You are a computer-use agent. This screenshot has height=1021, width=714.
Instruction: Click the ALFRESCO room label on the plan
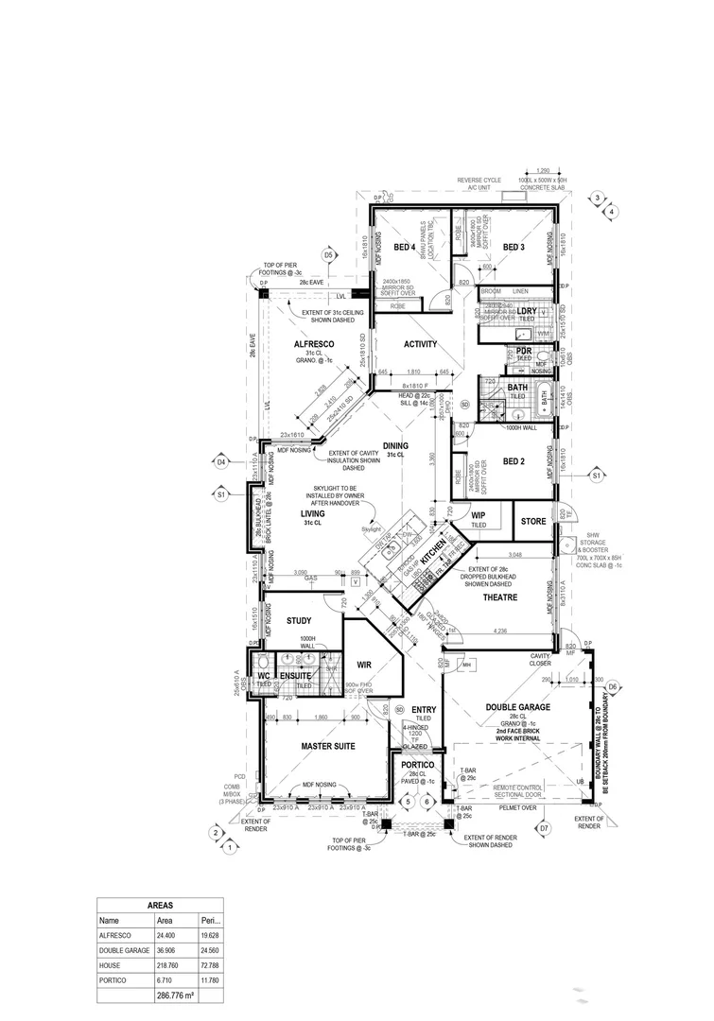coord(308,345)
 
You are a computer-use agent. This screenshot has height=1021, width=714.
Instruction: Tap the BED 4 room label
coord(406,248)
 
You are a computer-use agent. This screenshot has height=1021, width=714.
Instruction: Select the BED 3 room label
coord(514,248)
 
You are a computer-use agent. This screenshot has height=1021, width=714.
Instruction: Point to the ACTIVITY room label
coord(421,344)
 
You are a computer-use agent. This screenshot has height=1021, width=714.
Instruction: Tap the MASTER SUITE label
coord(328,748)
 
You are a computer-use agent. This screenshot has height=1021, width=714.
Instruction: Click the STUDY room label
coord(300,621)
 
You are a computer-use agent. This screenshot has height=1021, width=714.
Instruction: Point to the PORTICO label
coord(417,764)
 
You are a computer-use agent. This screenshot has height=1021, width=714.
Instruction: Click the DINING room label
coord(395,445)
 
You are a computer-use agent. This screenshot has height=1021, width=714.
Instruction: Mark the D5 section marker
coord(329,255)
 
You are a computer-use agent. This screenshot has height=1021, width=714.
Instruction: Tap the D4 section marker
coord(221,462)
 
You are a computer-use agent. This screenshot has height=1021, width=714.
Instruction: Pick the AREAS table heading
coord(160,905)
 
